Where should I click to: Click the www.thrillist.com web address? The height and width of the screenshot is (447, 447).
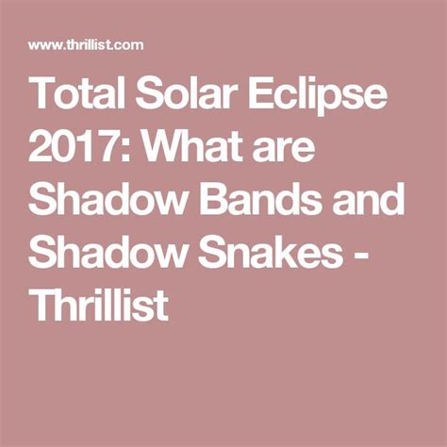(86, 44)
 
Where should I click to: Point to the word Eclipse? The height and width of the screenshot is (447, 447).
(318, 96)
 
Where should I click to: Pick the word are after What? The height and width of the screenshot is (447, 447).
(285, 149)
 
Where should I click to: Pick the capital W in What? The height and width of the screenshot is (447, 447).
(165, 145)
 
